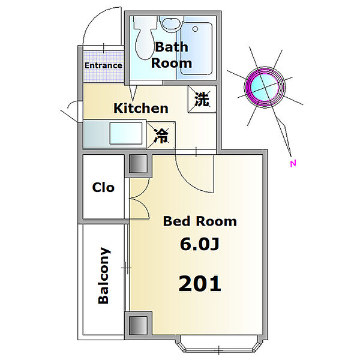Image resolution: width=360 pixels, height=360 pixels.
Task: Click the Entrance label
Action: (103, 65)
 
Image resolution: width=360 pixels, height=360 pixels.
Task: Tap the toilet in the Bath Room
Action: (144, 38)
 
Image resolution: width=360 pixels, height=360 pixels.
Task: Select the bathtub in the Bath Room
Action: (196, 49)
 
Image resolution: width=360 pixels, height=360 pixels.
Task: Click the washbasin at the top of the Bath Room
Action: (172, 23)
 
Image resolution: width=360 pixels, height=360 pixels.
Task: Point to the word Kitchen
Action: (141, 108)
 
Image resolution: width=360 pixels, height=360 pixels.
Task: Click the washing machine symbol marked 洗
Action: (202, 99)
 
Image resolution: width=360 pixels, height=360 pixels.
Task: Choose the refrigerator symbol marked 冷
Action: (161, 136)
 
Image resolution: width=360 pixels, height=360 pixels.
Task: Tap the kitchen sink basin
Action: (126, 133)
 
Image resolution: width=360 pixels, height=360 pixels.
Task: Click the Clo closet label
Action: (103, 188)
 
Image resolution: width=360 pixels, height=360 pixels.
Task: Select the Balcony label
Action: (104, 276)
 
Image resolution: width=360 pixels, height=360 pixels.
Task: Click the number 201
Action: (200, 284)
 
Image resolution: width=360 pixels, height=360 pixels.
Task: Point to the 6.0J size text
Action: (200, 244)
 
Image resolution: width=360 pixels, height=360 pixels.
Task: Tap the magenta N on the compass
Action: (293, 163)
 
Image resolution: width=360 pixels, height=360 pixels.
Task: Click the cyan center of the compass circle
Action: (265, 87)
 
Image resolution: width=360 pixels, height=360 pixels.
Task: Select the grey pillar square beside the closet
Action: (138, 164)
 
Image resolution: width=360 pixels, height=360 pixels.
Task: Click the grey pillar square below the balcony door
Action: (138, 326)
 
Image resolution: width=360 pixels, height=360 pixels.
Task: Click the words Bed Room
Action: (200, 221)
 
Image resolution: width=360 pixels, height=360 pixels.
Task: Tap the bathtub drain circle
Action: (195, 29)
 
